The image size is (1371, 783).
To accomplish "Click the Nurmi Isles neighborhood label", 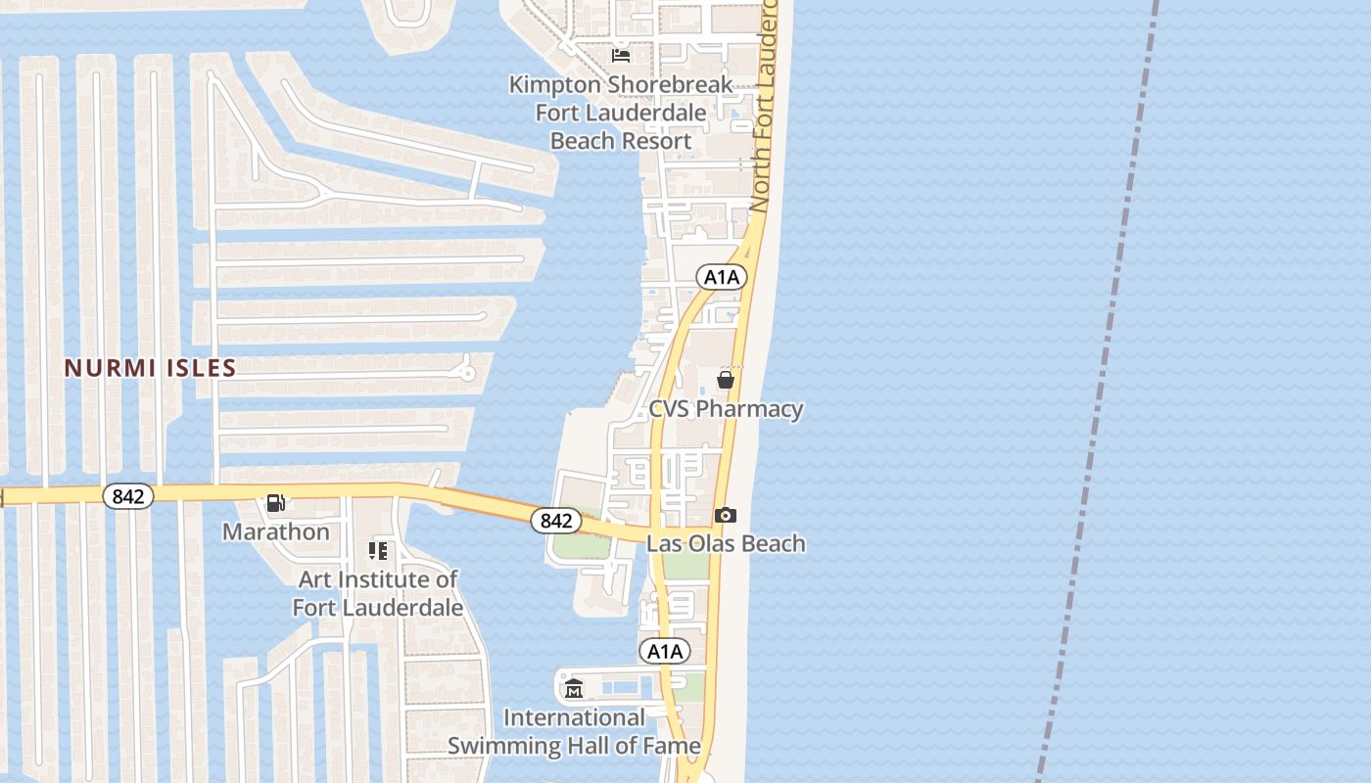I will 151,368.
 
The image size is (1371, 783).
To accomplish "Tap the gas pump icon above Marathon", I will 276,503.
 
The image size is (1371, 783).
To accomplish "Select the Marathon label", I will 275,531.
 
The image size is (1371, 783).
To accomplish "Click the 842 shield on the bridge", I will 555,521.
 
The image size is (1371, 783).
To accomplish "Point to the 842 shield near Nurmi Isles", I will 128,496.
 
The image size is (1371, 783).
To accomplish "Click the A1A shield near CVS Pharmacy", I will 722,277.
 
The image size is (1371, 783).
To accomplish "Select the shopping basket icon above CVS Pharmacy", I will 726,380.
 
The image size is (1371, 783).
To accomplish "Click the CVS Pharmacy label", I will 726,409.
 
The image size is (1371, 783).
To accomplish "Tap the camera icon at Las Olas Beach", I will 726,515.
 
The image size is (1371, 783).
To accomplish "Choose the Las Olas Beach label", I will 726,543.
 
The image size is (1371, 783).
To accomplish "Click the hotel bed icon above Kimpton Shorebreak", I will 621,55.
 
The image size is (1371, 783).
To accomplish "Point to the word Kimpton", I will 554,85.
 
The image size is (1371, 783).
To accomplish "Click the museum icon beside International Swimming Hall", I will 574,688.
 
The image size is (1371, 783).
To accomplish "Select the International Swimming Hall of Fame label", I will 574,732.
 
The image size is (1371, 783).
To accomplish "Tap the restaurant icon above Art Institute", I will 378,551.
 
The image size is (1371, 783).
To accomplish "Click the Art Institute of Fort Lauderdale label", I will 378,593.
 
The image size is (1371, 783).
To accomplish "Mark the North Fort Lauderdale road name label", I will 764,108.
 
